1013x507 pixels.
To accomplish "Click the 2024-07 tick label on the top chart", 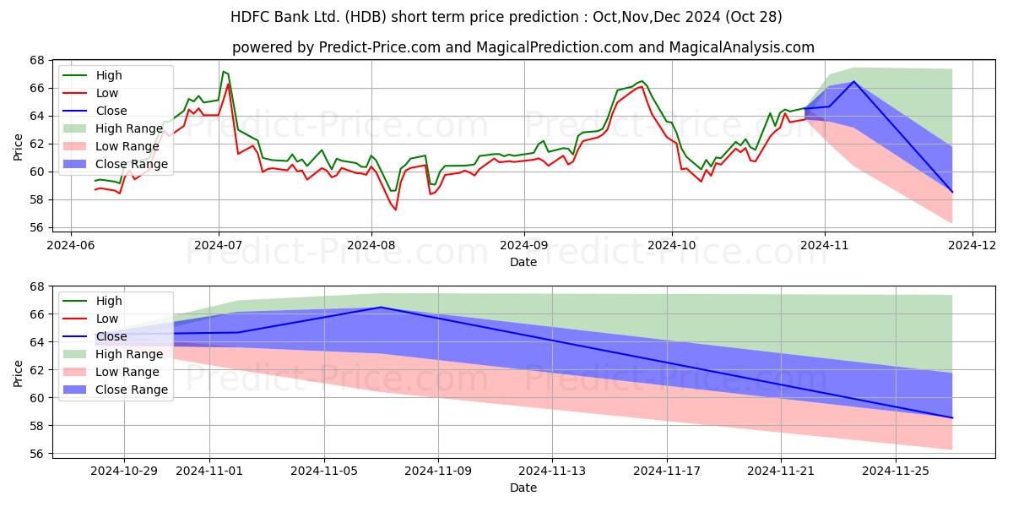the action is click(218, 245).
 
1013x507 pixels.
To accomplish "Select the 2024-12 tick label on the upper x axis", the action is click(972, 245).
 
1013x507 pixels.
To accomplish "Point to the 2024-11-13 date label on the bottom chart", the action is click(552, 472).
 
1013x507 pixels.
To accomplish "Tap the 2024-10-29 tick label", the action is click(124, 472).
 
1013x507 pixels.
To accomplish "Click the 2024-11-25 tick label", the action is click(896, 472).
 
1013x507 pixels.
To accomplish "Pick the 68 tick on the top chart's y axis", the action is click(37, 60).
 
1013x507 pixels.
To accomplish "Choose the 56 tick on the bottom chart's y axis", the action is click(37, 454).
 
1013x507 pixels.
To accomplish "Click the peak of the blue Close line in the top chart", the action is click(853, 81).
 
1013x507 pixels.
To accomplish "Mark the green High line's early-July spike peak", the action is click(224, 72).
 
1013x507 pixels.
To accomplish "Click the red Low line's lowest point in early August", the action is click(396, 210).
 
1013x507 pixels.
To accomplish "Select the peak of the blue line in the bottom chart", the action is click(381, 308).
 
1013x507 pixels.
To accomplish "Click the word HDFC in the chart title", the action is click(247, 17).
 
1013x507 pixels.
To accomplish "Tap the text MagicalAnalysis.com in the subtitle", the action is click(742, 47).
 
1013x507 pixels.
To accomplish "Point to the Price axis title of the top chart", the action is click(18, 147).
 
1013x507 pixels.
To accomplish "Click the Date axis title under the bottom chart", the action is click(523, 488).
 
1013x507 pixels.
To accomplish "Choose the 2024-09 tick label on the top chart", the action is click(523, 245).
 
